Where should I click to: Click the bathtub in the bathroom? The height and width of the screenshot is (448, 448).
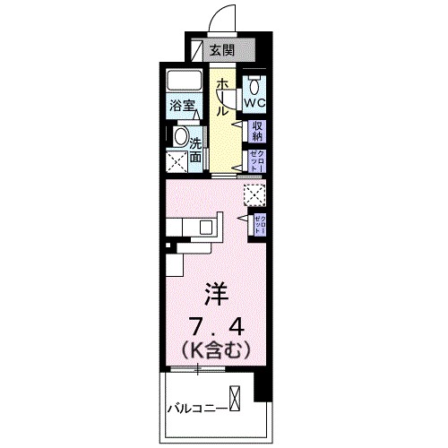(186, 81)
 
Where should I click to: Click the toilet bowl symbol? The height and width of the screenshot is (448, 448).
(254, 86)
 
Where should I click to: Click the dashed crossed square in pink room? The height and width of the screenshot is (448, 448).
(255, 193)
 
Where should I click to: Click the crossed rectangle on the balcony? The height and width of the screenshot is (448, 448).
(236, 396)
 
